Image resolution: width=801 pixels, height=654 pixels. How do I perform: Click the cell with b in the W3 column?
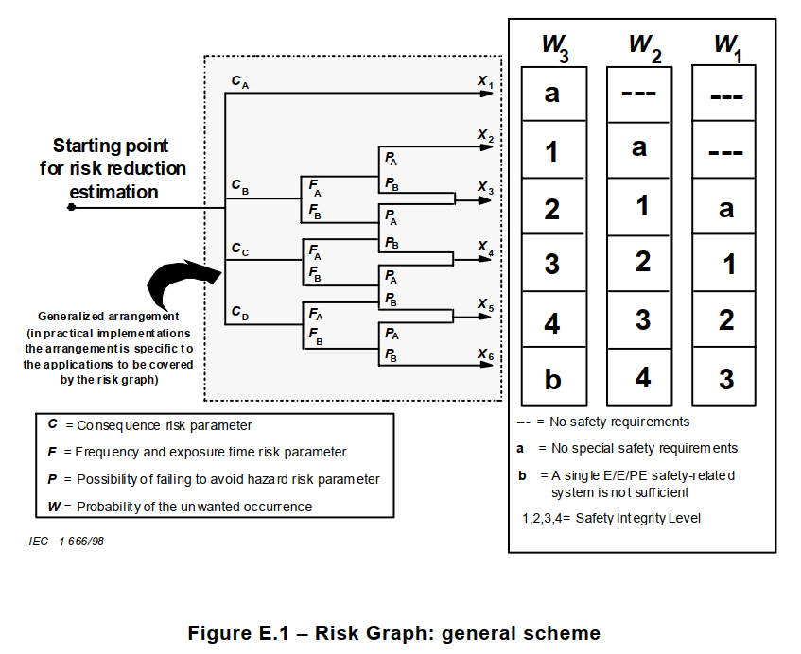pyautogui.click(x=553, y=379)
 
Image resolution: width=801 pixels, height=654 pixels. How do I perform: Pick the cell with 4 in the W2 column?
pyautogui.click(x=643, y=377)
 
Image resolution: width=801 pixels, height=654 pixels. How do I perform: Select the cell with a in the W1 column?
pyautogui.click(x=725, y=208)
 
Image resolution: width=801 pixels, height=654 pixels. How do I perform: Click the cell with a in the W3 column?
pyautogui.click(x=553, y=94)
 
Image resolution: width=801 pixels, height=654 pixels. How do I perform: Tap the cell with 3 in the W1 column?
pyautogui.click(x=725, y=378)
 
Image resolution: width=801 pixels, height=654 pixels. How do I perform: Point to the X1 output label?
pyautogui.click(x=485, y=83)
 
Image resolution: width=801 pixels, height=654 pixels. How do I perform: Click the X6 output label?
pyautogui.click(x=485, y=354)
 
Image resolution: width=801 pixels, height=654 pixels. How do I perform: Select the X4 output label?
pyautogui.click(x=485, y=248)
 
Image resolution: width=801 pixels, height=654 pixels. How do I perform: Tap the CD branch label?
pyautogui.click(x=240, y=313)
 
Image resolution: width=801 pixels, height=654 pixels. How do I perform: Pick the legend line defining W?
pyautogui.click(x=180, y=506)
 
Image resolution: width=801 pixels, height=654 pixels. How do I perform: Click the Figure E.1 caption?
pyautogui.click(x=394, y=632)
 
